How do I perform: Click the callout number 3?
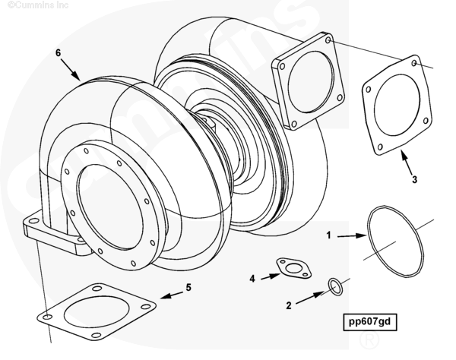415,180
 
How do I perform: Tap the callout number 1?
328,236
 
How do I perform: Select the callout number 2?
289,306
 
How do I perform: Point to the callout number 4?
252,278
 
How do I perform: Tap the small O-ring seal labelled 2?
334,286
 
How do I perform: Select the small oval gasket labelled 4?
290,268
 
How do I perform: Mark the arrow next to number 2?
308,299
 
